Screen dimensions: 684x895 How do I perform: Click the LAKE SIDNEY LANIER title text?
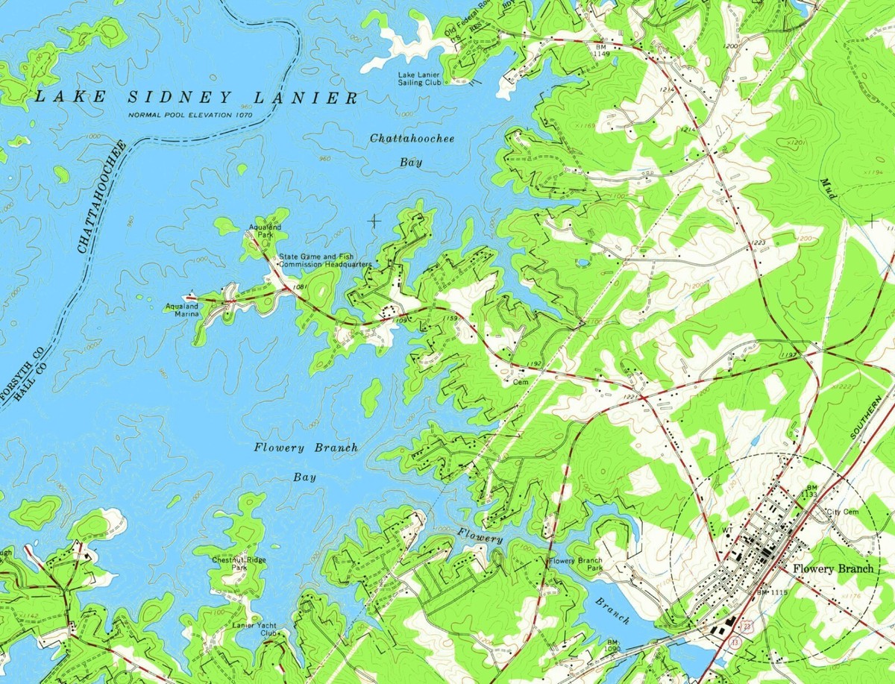tap(195, 97)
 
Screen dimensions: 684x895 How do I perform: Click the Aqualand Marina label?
tap(183, 310)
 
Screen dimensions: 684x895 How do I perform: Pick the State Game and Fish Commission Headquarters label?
tap(325, 260)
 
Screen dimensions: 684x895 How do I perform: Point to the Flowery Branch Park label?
tap(575, 564)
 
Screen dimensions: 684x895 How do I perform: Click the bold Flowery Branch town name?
tap(832, 568)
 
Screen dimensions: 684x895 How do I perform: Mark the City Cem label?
tap(844, 512)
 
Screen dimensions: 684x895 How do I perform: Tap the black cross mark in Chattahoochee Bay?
tap(374, 220)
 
